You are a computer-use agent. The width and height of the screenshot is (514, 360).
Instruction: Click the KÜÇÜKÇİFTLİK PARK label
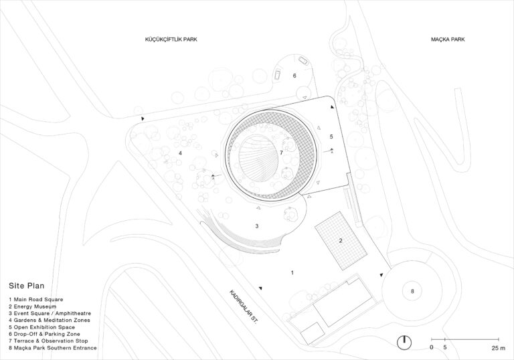(171, 39)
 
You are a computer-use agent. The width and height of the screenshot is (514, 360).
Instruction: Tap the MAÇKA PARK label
(448, 39)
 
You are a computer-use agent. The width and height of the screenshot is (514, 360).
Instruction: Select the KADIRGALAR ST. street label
(244, 308)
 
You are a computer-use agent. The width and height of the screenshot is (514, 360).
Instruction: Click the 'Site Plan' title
(26, 285)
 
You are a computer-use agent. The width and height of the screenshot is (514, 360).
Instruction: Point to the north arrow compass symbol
(404, 341)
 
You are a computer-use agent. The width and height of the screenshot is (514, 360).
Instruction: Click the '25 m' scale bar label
(497, 349)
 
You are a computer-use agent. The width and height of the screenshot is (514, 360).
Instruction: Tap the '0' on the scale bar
(432, 349)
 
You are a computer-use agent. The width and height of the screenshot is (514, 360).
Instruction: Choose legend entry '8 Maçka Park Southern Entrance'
(53, 348)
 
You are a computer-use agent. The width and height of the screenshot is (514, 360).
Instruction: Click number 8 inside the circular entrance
(412, 291)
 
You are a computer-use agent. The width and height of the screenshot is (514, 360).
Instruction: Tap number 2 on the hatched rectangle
(340, 240)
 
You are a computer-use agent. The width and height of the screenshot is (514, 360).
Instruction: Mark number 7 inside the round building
(282, 153)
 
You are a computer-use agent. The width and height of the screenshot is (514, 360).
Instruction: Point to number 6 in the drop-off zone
(294, 76)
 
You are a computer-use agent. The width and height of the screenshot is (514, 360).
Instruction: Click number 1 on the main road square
(292, 272)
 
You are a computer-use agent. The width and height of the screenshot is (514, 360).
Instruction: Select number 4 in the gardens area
(181, 154)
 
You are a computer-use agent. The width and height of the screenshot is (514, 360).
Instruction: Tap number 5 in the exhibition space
(331, 137)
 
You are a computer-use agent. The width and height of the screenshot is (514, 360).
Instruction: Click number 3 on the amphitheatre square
(257, 227)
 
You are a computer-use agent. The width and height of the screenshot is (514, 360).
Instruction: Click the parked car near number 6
(303, 61)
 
